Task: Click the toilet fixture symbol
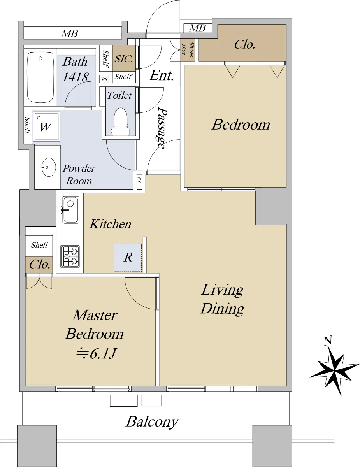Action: [x=121, y=122]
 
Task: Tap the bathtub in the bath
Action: [x=40, y=77]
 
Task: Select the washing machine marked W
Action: [x=46, y=126]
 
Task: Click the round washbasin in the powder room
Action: [x=48, y=167]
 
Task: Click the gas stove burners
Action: [x=70, y=256]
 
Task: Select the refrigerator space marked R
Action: [x=128, y=258]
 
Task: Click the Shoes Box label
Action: [x=188, y=49]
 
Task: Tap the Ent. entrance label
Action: [x=162, y=75]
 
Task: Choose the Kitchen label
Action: [x=110, y=224]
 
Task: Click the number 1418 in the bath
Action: [x=76, y=77]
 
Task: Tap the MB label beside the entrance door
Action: [x=198, y=28]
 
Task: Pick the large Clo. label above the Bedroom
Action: [x=244, y=45]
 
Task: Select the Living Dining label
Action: [x=223, y=299]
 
